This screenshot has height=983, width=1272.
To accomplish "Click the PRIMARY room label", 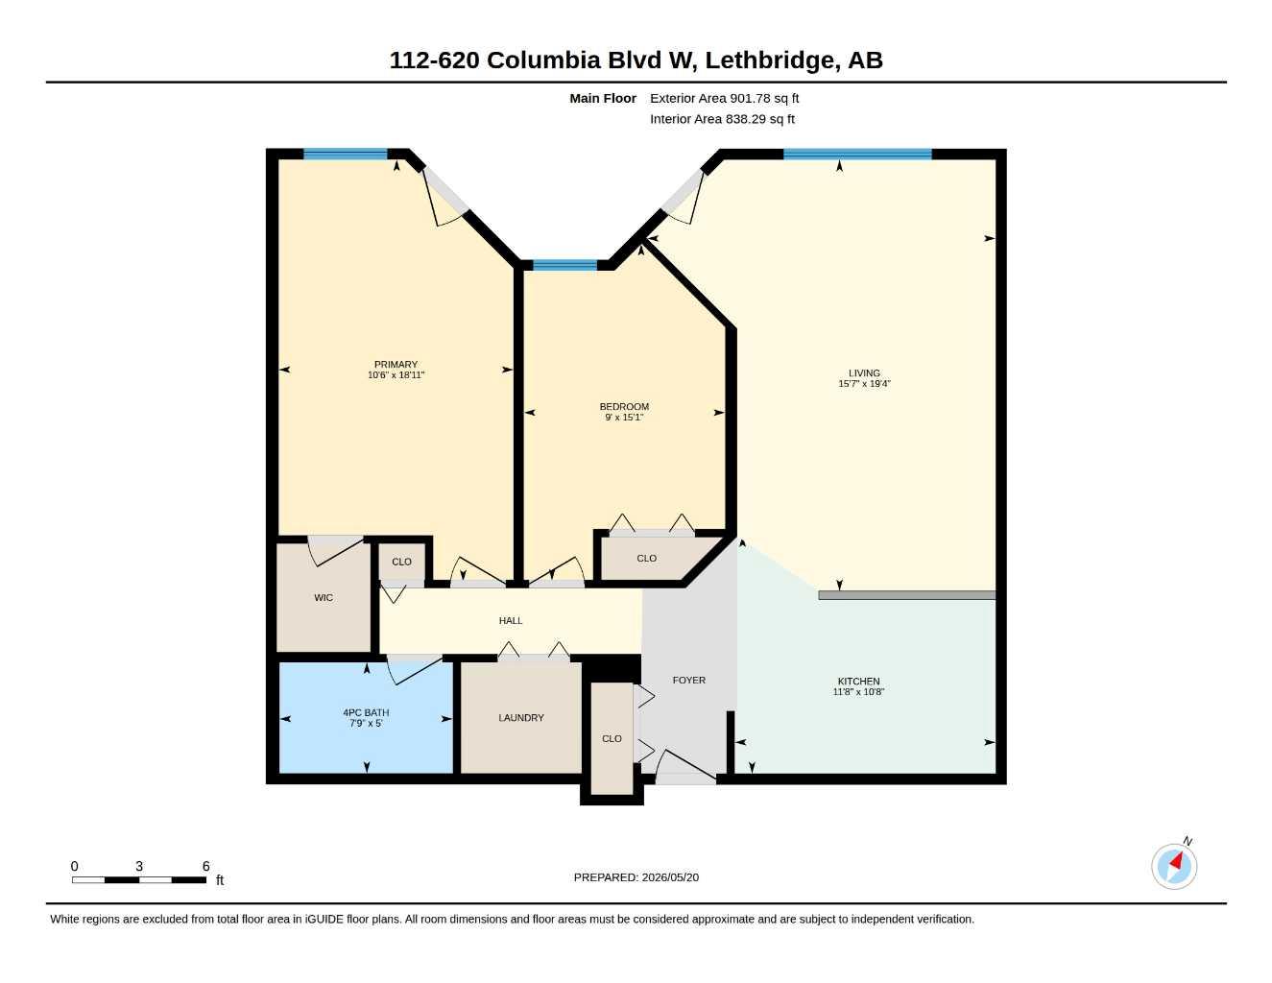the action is tap(396, 365).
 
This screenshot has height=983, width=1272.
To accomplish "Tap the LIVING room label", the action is tap(864, 373).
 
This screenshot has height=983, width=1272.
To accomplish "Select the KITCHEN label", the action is tap(858, 681).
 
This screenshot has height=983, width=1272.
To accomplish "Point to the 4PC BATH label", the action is tap(366, 712).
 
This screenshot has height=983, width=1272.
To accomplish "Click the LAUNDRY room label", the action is tap(521, 718).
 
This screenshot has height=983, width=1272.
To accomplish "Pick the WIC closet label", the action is tap(324, 597).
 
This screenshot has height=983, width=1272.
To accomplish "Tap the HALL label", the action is tap(511, 620).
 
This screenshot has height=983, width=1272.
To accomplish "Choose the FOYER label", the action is tap(689, 680).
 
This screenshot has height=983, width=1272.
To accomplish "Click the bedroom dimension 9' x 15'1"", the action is tap(624, 418).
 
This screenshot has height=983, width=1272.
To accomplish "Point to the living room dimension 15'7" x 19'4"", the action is tap(864, 384).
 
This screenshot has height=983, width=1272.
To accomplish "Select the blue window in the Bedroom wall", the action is tap(564, 265).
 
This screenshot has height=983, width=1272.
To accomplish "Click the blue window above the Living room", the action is tap(857, 155).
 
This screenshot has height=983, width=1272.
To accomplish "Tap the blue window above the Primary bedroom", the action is tap(346, 155).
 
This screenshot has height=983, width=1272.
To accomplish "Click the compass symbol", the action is tap(1174, 866).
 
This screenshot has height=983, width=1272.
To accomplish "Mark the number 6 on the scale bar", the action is tap(206, 866).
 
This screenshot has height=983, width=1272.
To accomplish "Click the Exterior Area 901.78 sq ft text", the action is tap(724, 98).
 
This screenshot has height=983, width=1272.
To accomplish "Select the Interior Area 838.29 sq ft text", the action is tap(722, 119).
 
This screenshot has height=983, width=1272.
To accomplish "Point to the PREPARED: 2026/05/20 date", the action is tap(636, 877).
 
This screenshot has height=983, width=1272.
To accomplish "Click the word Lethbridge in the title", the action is tap(771, 60).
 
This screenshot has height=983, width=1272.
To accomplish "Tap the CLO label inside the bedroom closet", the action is tap(646, 558).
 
